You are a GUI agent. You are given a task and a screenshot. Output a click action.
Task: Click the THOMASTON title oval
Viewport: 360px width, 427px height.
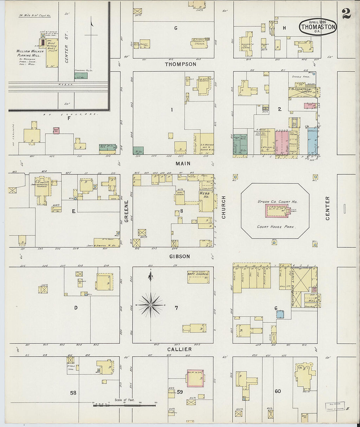click(x=318, y=26)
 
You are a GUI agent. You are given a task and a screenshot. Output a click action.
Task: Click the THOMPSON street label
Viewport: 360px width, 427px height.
click(x=180, y=64)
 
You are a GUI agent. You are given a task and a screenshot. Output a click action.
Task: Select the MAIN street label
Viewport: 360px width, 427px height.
click(x=183, y=163)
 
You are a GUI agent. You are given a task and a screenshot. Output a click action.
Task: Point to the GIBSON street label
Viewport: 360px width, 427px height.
click(x=180, y=257)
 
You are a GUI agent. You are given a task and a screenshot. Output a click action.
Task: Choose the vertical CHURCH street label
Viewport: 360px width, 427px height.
click(x=224, y=207)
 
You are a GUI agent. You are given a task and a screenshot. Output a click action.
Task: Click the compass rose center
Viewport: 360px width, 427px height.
click(x=151, y=305)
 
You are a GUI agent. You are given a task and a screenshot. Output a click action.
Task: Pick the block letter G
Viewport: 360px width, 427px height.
click(x=176, y=28)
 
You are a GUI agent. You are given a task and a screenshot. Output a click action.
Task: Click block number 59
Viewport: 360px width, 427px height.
click(x=180, y=391)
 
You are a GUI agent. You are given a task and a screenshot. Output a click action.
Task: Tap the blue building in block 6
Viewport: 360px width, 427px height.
click(x=279, y=314)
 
